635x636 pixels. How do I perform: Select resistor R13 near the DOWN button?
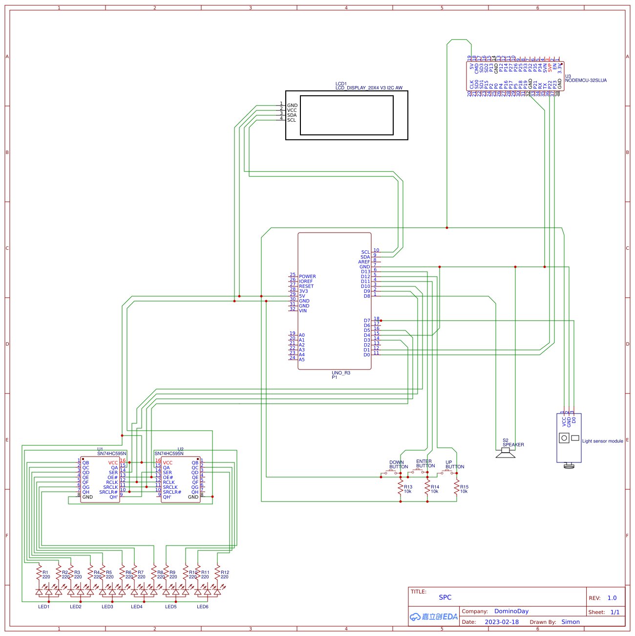(401, 487)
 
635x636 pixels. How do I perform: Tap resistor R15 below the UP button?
(457, 487)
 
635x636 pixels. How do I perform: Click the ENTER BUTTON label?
(425, 463)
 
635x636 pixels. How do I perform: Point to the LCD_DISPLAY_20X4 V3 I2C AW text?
(369, 88)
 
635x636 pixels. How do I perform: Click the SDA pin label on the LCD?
(292, 115)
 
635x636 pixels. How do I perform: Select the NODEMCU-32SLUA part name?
(586, 81)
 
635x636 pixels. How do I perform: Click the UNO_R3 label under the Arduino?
(341, 373)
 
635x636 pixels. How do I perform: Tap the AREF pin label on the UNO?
(364, 262)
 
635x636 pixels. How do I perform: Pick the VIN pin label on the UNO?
(303, 311)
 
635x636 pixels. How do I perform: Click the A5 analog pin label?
(301, 360)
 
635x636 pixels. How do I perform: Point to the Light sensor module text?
(602, 441)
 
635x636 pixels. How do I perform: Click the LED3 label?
(107, 607)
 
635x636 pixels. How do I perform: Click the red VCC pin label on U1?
(113, 463)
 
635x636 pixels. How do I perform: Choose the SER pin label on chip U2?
(167, 473)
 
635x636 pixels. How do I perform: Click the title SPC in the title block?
(445, 597)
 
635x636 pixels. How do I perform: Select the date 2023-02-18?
(502, 622)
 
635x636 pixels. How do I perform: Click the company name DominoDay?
(511, 611)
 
